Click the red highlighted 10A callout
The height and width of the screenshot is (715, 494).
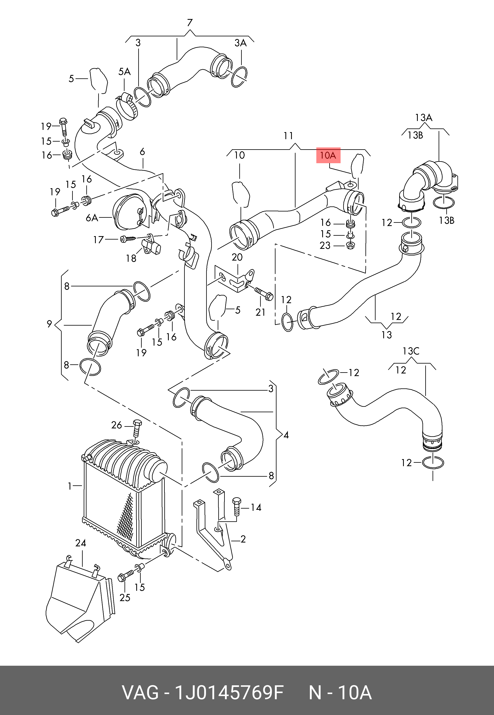pos(328,155)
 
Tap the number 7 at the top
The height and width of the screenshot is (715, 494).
pos(190,23)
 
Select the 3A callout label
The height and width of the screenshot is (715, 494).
pos(241,43)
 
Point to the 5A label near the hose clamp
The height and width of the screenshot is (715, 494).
pos(125,72)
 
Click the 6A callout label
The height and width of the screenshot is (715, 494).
pos(92,218)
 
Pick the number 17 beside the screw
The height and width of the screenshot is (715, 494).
pos(98,240)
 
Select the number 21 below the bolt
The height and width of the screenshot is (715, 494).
pos(260,312)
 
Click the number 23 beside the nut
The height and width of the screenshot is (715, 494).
pos(325,246)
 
